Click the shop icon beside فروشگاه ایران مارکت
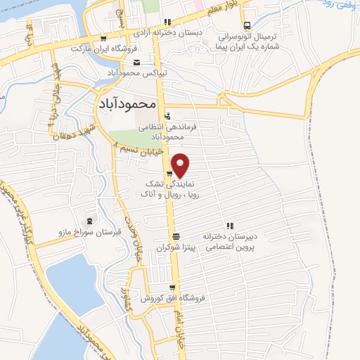(x=103, y=39)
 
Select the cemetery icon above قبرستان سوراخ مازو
(x=89, y=219)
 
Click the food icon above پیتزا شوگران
(x=176, y=236)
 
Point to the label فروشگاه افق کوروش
(x=173, y=298)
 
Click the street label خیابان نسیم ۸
(x=138, y=149)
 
